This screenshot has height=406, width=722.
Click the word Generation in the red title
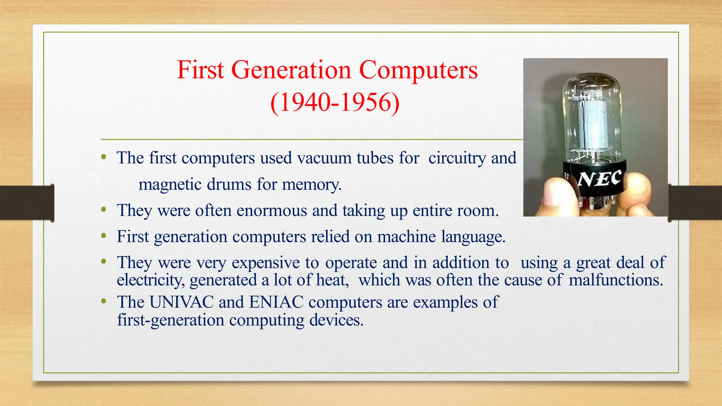coord(291,70)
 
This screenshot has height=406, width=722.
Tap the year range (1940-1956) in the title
coord(335,102)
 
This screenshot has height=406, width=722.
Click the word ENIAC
coord(276,302)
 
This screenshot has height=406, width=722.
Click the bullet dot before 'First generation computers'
coord(103,236)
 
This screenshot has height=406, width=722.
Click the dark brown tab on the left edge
coord(27,203)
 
